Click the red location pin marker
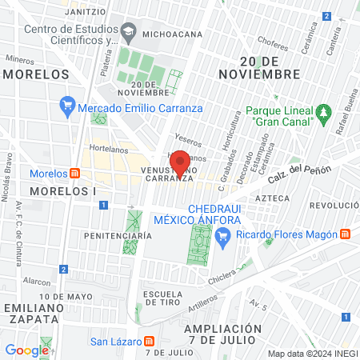tap(182, 162)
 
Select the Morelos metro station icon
tap(74, 174)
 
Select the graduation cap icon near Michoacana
tap(128, 33)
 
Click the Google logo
tap(26, 350)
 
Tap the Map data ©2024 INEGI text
tap(311, 354)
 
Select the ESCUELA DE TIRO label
tap(164, 299)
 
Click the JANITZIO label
tap(86, 12)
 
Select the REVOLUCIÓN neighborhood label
tap(334, 205)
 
